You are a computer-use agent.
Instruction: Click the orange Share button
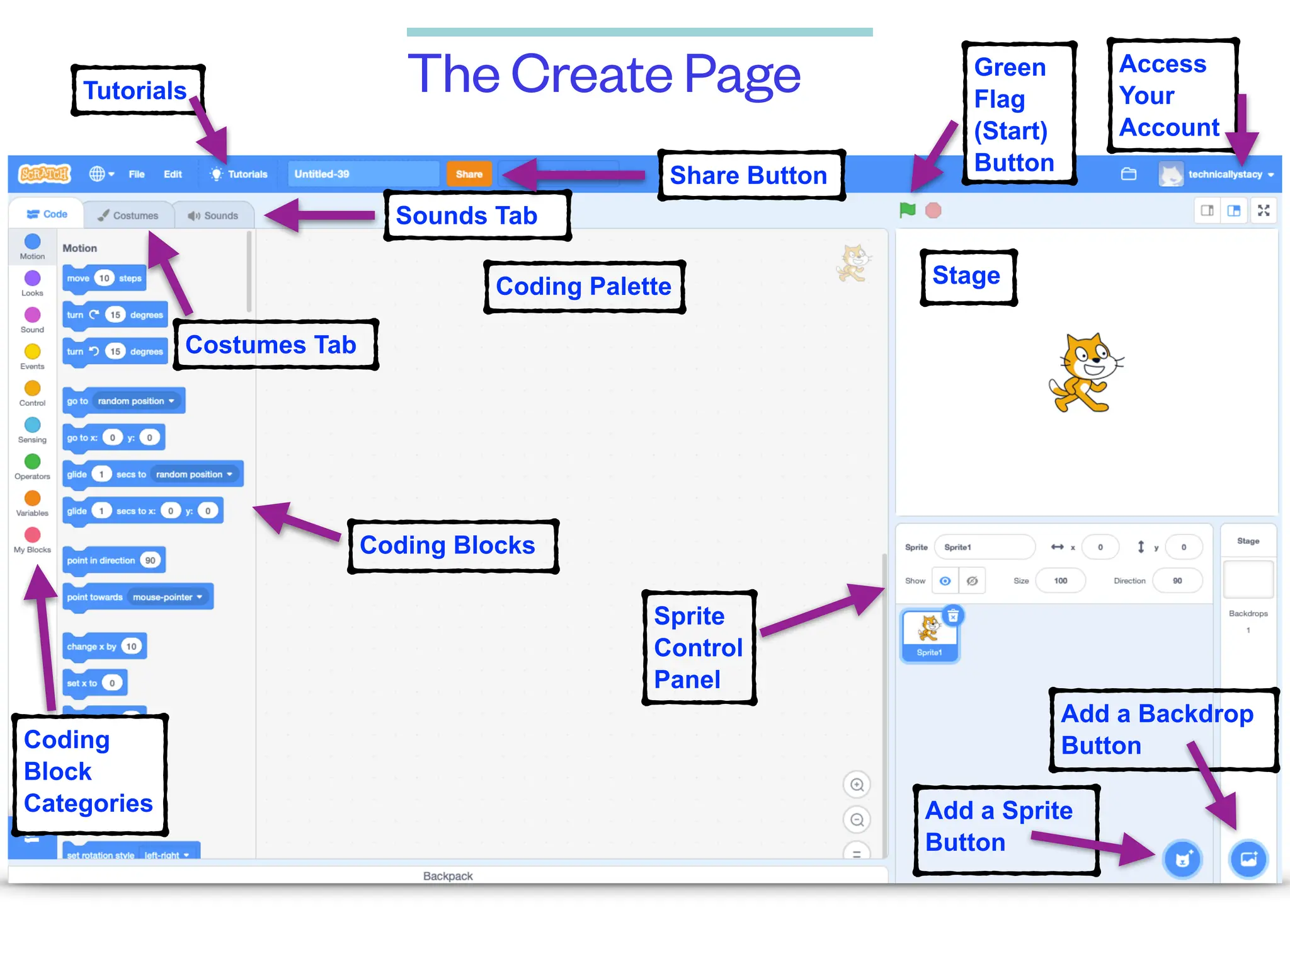[469, 174]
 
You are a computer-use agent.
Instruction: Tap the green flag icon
[908, 210]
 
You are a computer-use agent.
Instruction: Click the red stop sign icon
[933, 210]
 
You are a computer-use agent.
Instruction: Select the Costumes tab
[128, 216]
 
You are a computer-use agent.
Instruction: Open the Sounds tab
[214, 216]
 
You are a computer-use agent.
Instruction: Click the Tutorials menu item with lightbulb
[239, 174]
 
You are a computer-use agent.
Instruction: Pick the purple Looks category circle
[32, 278]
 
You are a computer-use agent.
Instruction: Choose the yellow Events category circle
[32, 352]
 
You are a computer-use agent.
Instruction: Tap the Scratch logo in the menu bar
[45, 174]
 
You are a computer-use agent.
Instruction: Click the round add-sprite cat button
[1183, 859]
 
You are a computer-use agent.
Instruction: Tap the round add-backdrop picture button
[1248, 859]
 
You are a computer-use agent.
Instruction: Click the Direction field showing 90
[1177, 580]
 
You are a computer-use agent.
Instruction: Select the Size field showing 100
[1061, 580]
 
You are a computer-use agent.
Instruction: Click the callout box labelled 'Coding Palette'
[584, 287]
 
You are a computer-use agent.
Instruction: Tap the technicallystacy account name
[1225, 174]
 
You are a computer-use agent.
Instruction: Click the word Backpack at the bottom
[448, 876]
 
